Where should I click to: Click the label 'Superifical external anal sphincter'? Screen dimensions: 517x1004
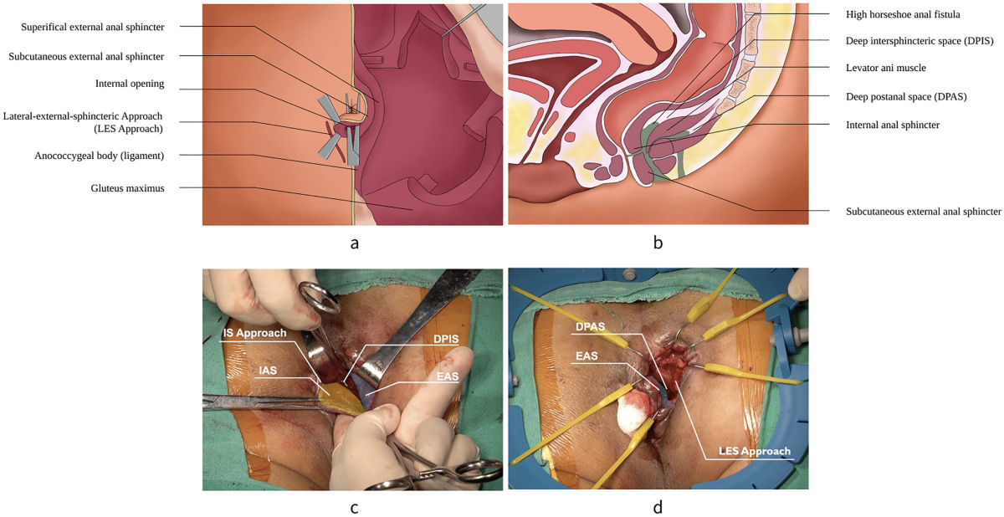coord(93,27)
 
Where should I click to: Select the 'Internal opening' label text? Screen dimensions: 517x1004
coord(130,84)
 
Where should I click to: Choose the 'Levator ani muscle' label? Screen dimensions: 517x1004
coord(885,67)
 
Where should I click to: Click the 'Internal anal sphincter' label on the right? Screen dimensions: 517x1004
coord(894,125)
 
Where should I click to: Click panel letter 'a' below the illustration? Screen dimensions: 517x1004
coord(355,243)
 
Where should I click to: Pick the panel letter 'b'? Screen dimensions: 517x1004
coord(658,243)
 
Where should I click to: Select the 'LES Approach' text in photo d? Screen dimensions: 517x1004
coord(754,451)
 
